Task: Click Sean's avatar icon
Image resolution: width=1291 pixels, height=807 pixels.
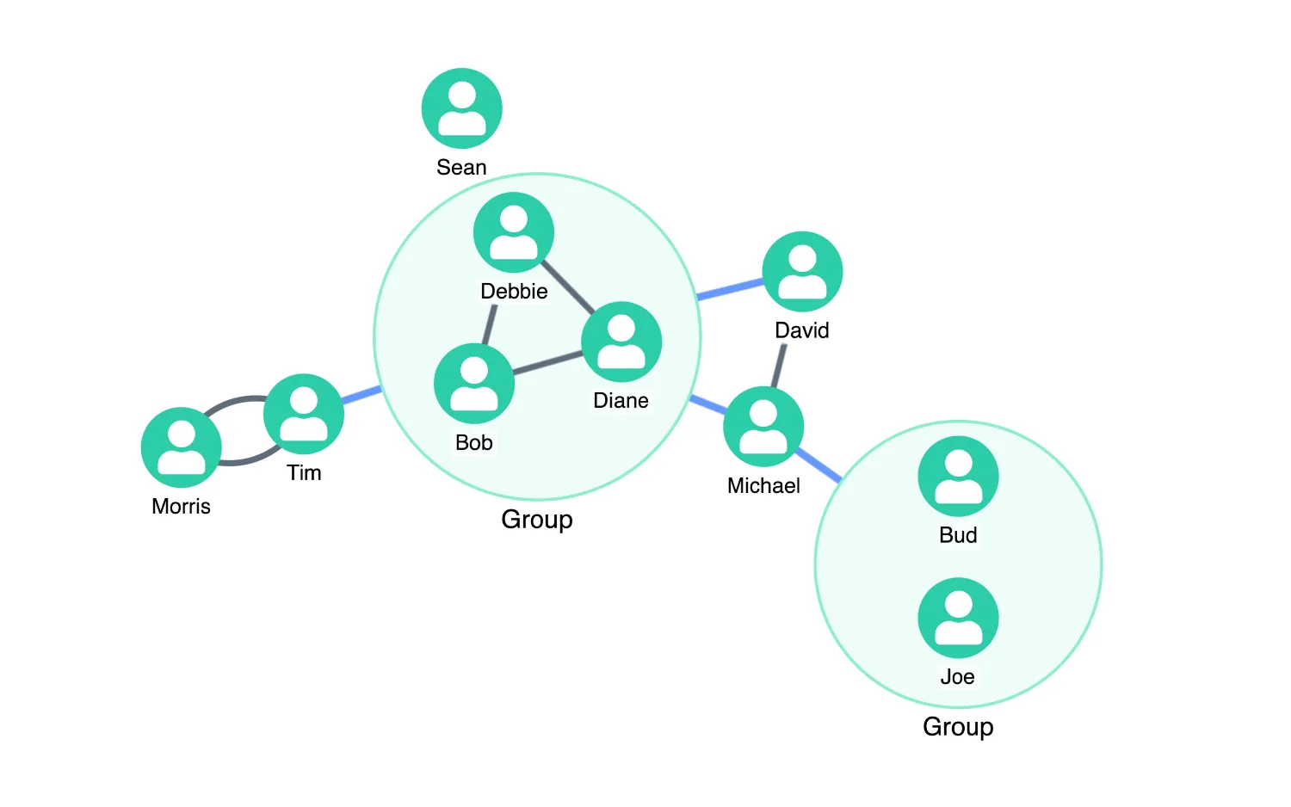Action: pos(461,108)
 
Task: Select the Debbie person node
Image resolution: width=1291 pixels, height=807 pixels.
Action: pos(514,232)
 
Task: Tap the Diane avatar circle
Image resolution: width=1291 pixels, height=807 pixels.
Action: pos(621,342)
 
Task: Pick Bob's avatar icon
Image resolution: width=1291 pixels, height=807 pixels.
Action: pos(473,384)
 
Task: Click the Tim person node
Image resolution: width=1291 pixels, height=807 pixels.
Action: pos(304,414)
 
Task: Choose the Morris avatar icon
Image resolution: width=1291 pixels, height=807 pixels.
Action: pos(181,447)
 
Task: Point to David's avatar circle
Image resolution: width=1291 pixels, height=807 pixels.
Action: pos(802,271)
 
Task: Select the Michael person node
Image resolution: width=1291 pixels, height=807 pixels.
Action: pos(763,427)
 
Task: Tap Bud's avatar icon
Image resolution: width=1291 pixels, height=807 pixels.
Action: pos(958,477)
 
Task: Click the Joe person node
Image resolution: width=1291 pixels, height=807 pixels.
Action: pos(958,618)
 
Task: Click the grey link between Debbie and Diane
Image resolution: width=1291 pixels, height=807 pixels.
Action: pos(568,287)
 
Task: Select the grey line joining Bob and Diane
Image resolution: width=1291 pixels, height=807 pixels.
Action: pos(547,363)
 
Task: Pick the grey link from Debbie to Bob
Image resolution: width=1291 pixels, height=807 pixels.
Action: pos(490,325)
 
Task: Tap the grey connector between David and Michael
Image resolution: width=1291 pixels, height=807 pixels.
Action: pos(778,367)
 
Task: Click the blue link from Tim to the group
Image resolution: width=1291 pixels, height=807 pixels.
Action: pos(361,395)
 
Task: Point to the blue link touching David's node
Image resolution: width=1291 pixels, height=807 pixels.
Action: pos(730,289)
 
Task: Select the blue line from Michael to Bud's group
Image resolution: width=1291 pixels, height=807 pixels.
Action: pos(818,466)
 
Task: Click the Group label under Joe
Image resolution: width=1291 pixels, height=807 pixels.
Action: pos(958,727)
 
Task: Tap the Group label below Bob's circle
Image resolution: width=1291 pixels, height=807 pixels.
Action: pos(536,520)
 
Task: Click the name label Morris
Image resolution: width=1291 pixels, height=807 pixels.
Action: pos(181,507)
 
